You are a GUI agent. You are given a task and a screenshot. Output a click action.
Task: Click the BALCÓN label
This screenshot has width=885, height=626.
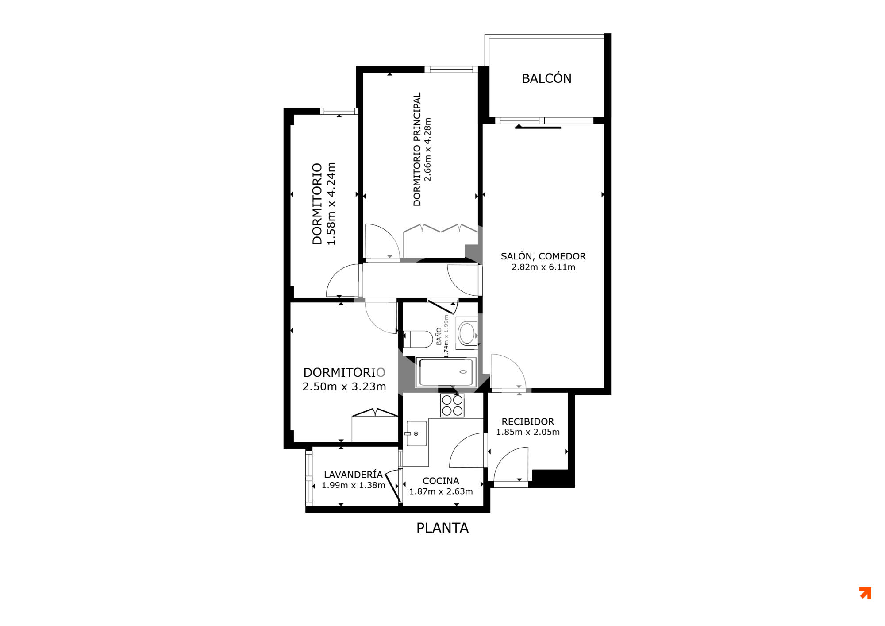546,78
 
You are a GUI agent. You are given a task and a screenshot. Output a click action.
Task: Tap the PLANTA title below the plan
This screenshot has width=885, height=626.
442,528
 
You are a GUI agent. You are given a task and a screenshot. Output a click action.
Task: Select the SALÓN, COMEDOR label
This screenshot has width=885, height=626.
543,256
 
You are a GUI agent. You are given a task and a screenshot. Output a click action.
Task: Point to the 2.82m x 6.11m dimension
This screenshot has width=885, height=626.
543,267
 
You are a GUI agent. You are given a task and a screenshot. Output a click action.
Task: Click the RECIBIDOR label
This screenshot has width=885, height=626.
527,421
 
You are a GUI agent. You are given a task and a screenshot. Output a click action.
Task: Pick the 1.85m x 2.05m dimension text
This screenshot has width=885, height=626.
528,432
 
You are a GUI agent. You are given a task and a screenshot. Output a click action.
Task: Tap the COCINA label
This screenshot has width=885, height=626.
441,481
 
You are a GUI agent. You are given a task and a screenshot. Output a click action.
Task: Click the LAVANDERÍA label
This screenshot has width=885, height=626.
353,475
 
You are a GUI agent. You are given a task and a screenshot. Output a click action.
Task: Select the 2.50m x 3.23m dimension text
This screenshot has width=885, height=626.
344,386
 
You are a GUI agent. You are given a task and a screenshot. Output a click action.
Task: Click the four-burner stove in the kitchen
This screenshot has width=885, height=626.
452,406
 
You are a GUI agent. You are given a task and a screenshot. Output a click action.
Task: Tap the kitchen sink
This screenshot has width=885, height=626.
416,433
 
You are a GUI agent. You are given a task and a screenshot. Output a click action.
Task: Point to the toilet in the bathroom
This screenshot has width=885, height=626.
418,340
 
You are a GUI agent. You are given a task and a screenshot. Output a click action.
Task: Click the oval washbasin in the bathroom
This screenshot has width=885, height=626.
467,333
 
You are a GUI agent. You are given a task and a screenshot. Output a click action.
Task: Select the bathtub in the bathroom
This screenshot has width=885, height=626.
446,372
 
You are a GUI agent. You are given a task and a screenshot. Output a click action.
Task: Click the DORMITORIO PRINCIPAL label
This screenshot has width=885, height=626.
417,149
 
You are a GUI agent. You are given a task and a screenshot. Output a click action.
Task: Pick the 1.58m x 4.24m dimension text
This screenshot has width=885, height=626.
331,204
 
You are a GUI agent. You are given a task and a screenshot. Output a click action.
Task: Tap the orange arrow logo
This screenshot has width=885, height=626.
866,593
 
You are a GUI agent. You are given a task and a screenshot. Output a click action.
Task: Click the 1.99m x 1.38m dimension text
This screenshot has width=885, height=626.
354,485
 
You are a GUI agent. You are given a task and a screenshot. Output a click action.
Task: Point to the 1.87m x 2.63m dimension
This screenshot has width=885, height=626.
441,491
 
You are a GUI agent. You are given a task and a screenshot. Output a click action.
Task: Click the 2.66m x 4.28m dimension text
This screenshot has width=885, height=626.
427,149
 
